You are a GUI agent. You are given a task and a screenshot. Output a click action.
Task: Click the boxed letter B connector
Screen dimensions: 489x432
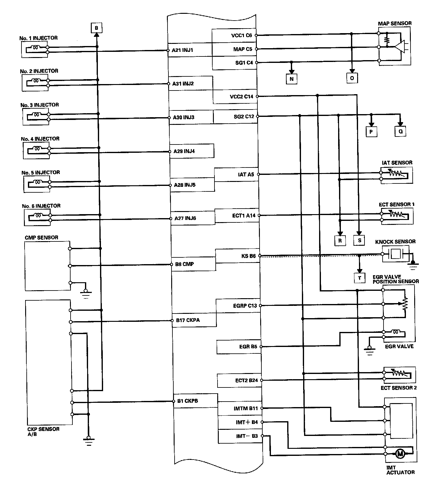coord(96,28)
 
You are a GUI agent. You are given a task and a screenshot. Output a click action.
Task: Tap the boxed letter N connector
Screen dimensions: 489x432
coord(291,79)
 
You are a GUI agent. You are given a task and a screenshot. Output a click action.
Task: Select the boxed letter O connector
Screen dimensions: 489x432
coord(352,78)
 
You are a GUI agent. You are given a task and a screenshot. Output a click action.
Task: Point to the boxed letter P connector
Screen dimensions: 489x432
coord(371,132)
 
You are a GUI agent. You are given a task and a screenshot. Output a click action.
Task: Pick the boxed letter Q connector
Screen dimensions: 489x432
coord(400,132)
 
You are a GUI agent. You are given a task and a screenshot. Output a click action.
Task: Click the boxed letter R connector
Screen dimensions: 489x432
coord(340,241)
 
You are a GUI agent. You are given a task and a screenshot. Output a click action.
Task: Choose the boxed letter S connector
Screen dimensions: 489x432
coord(359,240)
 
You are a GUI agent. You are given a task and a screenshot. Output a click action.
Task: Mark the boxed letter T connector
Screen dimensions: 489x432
coord(359,278)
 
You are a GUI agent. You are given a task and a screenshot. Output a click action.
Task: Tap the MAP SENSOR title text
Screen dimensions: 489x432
coord(395,23)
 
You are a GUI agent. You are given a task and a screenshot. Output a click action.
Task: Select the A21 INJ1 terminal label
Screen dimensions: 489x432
coord(183,50)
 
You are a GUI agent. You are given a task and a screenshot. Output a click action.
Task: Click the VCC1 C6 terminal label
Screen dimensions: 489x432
coord(241,35)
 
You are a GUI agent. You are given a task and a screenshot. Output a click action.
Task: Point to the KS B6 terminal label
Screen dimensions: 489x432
coord(249,256)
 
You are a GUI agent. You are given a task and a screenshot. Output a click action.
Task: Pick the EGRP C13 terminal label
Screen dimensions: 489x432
coord(245,306)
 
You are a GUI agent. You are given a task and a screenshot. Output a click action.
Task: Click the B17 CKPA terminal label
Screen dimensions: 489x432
coord(188,320)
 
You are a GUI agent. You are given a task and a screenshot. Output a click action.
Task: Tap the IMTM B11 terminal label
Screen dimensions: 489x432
coord(246,408)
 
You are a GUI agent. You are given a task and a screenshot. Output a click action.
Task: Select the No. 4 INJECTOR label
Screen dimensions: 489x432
coord(40,139)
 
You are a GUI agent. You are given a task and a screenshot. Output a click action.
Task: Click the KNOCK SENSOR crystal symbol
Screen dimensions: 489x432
coord(396,254)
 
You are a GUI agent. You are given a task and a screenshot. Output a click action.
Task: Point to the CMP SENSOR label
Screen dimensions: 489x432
coord(41,237)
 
